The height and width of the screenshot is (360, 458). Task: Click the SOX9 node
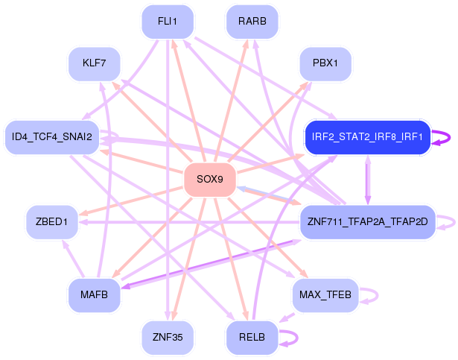210,180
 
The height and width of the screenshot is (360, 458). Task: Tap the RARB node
252,22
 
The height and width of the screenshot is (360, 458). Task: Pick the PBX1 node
325,64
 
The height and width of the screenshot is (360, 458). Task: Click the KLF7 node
95,64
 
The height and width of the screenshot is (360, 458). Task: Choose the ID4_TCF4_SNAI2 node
52,137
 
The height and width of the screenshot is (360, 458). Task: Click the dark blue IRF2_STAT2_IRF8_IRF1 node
368,137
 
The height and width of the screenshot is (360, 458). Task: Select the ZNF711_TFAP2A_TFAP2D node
368,222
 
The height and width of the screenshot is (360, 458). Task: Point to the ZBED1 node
52,222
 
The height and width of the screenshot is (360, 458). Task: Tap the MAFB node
95,295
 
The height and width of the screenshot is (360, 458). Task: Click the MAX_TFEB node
325,295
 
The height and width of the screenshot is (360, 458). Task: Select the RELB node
252,338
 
